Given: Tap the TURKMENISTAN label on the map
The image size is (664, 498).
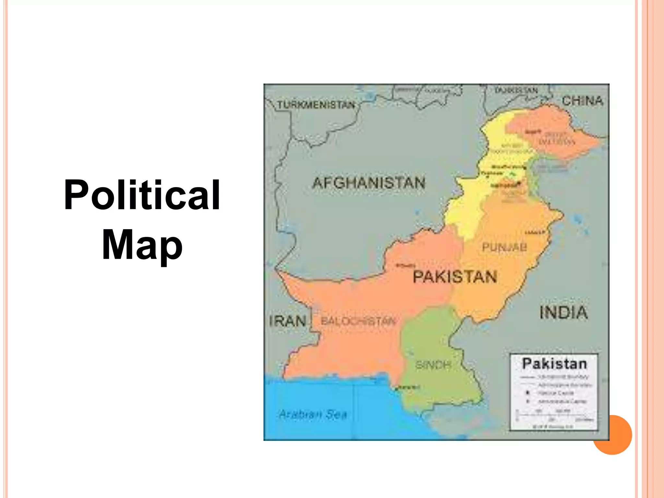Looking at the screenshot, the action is [x=316, y=105].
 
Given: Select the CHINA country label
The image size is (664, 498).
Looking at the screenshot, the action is [x=582, y=101].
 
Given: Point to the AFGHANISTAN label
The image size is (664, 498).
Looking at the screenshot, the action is [x=369, y=183].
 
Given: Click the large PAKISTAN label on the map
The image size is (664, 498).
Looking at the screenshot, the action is [x=455, y=277].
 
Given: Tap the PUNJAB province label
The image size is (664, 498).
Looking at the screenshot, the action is [x=504, y=247].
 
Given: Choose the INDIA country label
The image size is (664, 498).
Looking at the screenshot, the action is [x=563, y=313].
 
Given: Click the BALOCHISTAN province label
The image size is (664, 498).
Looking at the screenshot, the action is [x=358, y=321].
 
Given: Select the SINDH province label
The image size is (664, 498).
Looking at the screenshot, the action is [x=433, y=365].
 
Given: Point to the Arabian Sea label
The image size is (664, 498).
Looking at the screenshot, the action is [x=313, y=414].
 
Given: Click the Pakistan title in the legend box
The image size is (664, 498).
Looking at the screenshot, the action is [x=554, y=364].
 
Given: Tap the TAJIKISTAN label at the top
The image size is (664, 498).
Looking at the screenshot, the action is [x=516, y=90].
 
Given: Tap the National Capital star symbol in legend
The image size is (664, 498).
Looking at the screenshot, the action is [x=528, y=393].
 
